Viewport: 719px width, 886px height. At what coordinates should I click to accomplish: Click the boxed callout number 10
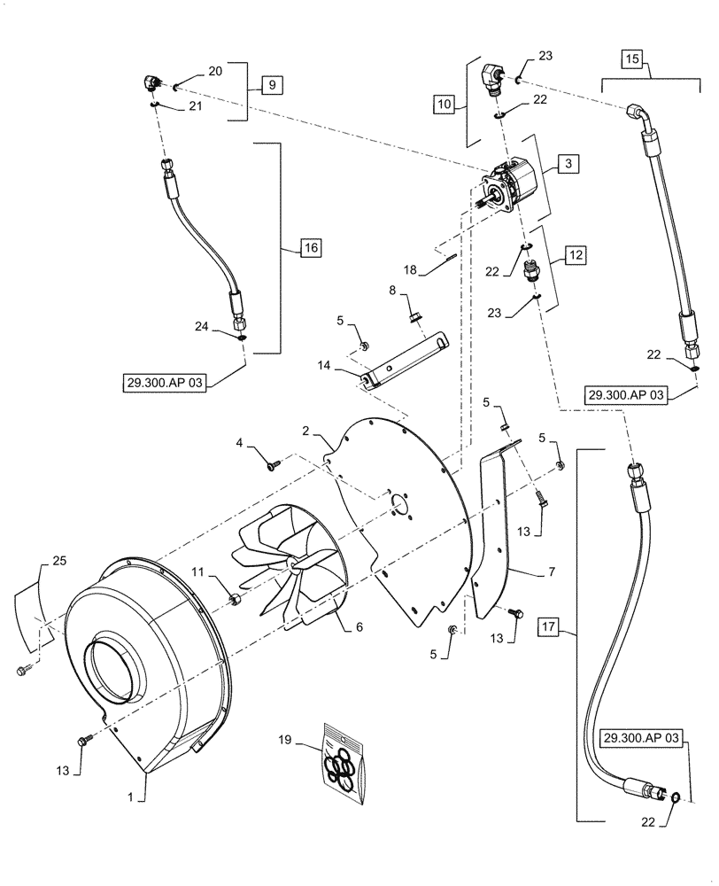(445, 104)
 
